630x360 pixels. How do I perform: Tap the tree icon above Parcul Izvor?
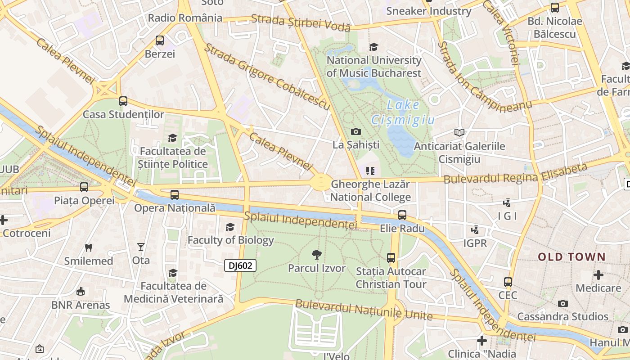click(317, 255)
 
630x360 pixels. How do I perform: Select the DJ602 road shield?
click(240, 265)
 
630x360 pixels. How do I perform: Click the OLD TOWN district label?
click(572, 257)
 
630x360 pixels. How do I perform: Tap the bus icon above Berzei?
click(160, 40)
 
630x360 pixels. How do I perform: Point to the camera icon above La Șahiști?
click(356, 131)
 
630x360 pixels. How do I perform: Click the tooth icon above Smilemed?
click(89, 247)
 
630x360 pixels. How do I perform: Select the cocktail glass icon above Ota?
click(141, 247)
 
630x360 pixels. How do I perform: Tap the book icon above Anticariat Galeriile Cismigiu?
click(459, 132)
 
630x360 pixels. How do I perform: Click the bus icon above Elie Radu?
click(402, 215)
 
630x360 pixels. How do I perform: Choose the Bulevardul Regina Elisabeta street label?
click(516, 174)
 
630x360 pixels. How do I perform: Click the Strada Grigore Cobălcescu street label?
click(268, 76)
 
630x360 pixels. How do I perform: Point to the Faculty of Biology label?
click(230, 240)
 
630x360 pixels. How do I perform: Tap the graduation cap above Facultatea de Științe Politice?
click(172, 138)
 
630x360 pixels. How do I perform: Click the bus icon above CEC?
click(508, 282)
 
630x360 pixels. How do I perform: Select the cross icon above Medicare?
click(598, 274)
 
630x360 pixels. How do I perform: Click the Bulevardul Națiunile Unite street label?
click(364, 310)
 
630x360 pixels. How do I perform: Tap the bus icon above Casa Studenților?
click(123, 101)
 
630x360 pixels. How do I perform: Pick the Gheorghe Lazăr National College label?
click(370, 191)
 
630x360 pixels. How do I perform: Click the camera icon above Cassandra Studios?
click(562, 303)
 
